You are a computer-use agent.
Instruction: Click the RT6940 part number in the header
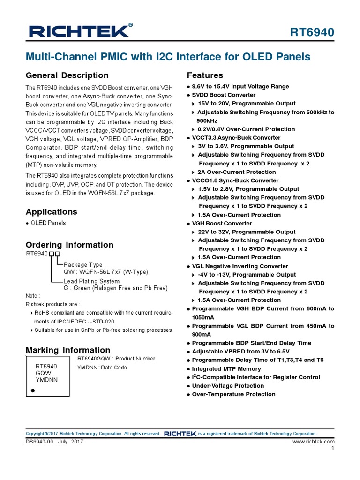311,32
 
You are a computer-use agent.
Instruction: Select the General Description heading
67,75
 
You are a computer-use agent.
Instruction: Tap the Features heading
205,75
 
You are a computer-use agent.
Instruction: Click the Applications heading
52,212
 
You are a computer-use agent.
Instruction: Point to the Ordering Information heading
69,245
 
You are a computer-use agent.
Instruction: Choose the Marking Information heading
68,350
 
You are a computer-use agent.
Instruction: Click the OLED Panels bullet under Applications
48,223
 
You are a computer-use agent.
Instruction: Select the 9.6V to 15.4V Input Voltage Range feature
240,86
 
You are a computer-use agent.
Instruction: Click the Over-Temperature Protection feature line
233,394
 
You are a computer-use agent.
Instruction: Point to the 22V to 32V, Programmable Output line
247,232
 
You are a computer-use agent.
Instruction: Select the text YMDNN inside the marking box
46,380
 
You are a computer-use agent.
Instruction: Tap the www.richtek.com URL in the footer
313,442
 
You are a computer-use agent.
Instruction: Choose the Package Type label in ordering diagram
83,264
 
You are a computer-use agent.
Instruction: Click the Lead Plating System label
91,281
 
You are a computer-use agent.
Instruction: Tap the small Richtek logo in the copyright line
180,434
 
